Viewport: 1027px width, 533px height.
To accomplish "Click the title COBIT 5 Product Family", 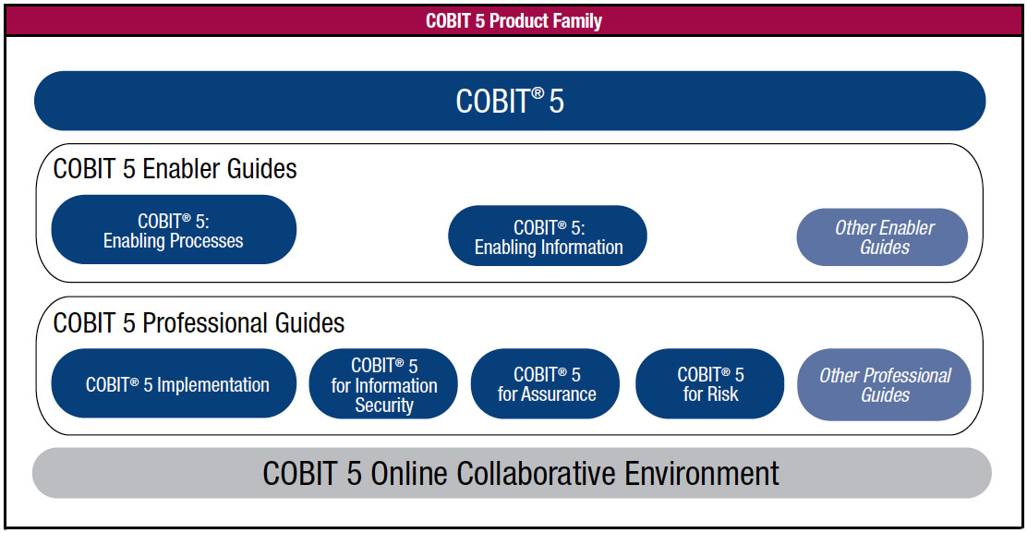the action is [513, 21].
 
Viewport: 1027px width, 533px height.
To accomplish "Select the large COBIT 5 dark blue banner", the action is [510, 101].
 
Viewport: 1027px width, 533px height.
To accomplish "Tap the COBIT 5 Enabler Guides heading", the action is [175, 169].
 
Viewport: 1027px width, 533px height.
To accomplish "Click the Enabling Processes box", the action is [174, 230].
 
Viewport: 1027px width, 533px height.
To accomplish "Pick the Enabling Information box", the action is [548, 236].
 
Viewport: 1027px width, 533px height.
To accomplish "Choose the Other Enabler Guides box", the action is [882, 237].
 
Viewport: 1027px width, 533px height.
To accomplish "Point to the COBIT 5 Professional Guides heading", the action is [199, 322].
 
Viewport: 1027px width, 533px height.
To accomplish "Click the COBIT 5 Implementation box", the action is [174, 383].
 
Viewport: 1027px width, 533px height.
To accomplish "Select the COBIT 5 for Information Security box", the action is [383, 383].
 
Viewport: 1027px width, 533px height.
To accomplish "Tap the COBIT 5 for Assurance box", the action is [545, 383].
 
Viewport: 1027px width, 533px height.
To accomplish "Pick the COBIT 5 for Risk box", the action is [710, 383].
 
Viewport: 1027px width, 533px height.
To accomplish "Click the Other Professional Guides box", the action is [884, 384].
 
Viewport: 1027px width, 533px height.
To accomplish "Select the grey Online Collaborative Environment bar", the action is [512, 473].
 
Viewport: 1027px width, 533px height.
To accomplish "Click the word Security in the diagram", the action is [384, 406].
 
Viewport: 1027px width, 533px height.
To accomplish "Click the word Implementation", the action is [212, 385].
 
